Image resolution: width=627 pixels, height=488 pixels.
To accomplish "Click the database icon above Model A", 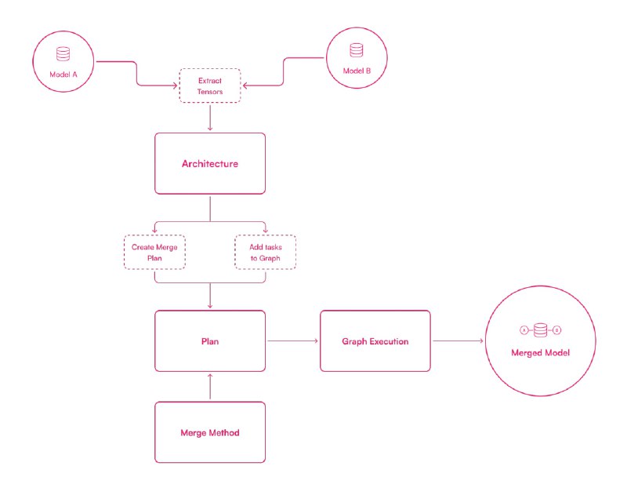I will (x=63, y=54).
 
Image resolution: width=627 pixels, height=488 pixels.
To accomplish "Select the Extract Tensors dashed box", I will (x=209, y=86).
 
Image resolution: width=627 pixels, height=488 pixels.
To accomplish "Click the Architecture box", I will (x=210, y=164).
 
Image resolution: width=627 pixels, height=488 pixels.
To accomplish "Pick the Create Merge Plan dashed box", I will (x=154, y=252).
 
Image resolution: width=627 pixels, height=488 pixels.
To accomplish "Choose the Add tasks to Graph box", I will (x=266, y=252).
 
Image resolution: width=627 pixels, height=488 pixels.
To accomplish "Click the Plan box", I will (x=210, y=341).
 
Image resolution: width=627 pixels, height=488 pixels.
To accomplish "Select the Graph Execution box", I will (x=375, y=341).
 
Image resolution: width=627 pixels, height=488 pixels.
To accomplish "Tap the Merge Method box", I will (x=210, y=432).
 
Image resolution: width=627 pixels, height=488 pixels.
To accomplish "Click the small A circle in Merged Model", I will (x=524, y=330).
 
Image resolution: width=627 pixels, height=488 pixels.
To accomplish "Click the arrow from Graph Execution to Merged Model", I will (x=458, y=341).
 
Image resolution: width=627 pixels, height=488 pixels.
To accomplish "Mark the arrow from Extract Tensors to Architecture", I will (x=210, y=118).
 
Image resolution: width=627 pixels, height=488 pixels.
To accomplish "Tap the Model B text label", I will (x=357, y=71).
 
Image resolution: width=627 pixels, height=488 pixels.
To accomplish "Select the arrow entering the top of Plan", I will (x=210, y=296).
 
